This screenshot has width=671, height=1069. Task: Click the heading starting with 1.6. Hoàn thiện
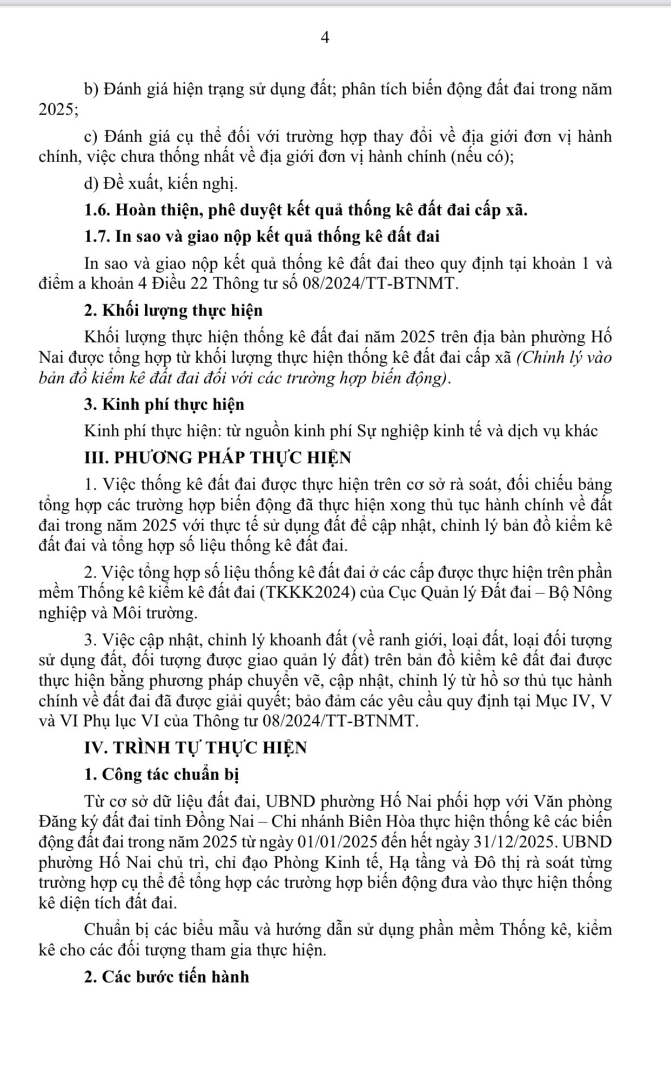coord(306,210)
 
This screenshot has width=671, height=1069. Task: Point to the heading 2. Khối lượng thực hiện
coord(173,311)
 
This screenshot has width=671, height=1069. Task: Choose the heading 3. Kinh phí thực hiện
coord(164,405)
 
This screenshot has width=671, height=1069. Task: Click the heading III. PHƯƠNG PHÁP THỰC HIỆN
coord(218,458)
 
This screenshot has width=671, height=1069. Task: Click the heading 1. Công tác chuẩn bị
coord(162,774)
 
